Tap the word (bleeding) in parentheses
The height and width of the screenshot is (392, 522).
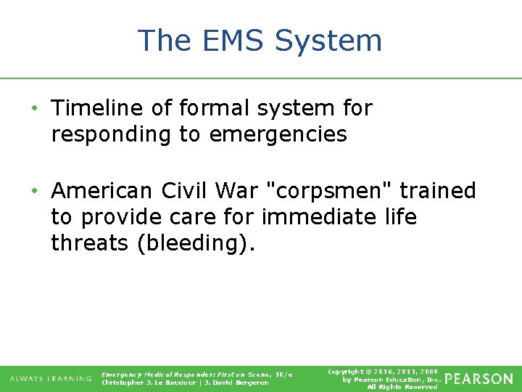[196, 243]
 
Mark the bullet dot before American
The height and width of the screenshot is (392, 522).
[34, 192]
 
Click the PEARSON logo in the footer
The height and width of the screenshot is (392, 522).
[478, 379]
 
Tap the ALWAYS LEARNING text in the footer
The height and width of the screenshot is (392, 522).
[51, 379]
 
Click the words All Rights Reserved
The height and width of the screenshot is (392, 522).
[402, 387]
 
